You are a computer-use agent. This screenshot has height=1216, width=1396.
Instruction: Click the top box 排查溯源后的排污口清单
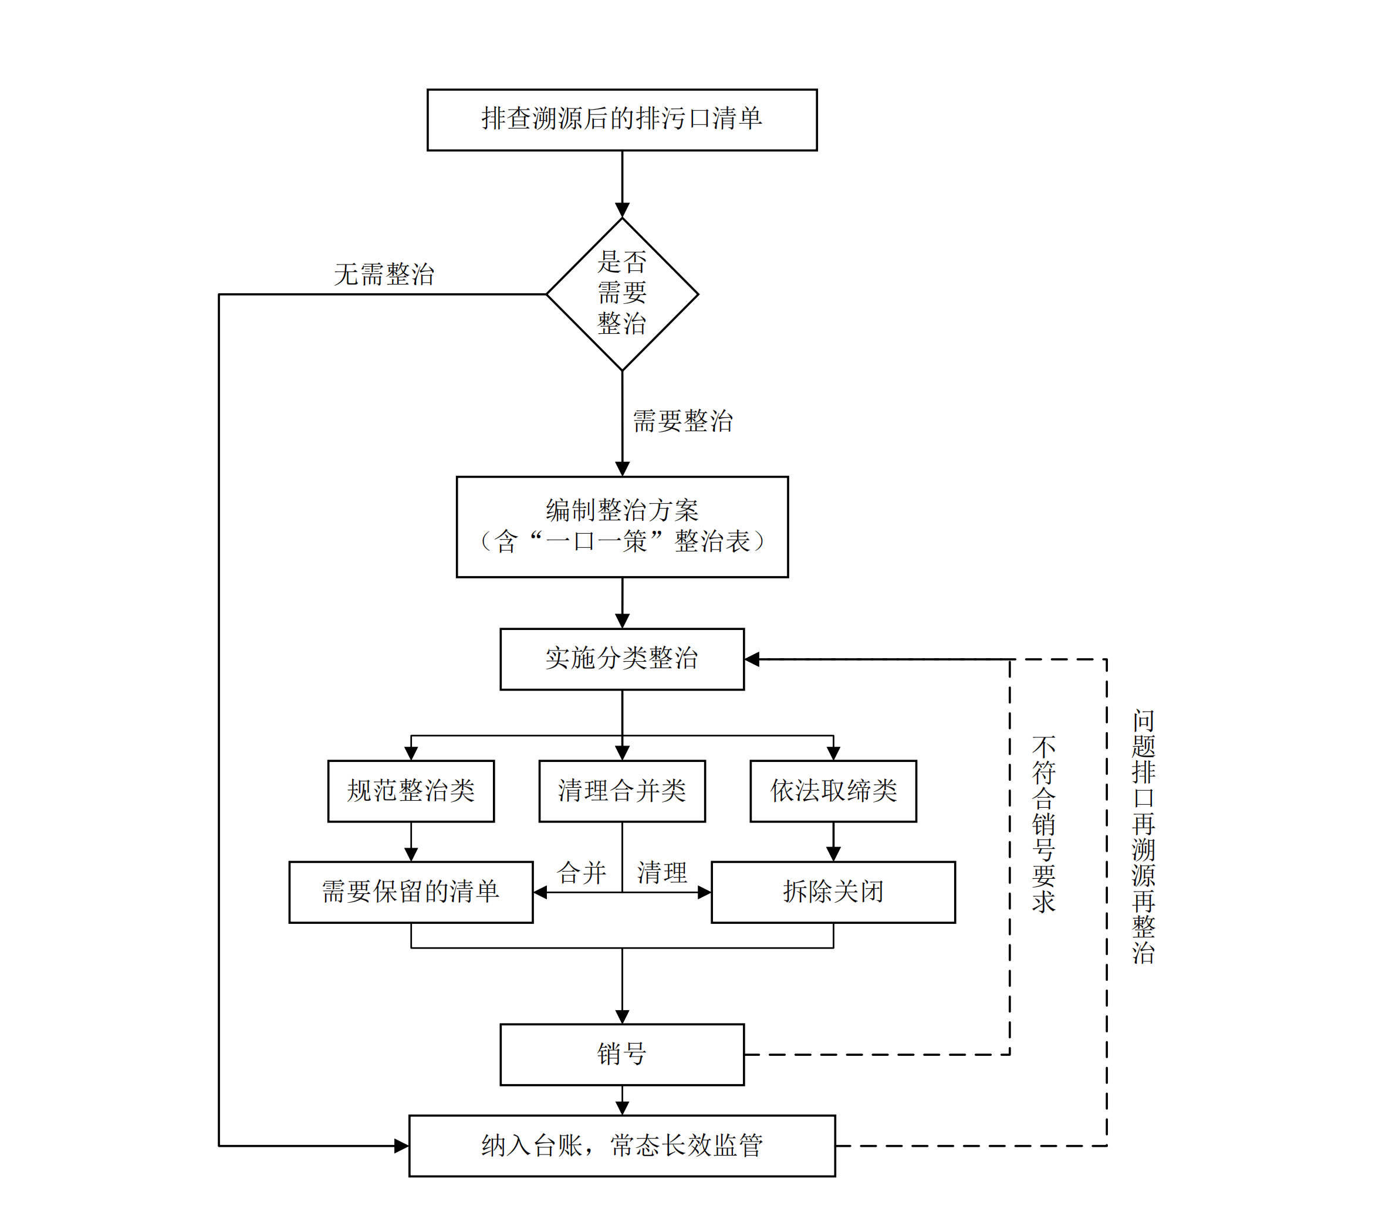tap(621, 120)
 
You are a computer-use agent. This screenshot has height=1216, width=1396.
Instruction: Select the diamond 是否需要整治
tap(621, 294)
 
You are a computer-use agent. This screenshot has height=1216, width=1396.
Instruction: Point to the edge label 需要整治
tap(682, 421)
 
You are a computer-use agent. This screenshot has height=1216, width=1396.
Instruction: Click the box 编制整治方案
tap(621, 527)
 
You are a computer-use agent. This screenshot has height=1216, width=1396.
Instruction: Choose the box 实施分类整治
tap(621, 659)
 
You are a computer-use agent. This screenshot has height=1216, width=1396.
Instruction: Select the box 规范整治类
tap(411, 791)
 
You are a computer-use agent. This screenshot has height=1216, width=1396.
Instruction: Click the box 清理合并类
tap(621, 791)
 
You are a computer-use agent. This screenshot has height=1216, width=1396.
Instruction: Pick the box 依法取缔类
tap(833, 791)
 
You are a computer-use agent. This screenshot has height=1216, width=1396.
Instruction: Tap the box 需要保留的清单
tap(411, 892)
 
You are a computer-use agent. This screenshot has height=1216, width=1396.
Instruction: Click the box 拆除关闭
tap(833, 892)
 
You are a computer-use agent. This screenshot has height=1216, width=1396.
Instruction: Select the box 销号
tap(621, 1055)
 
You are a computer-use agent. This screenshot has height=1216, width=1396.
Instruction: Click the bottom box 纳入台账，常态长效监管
tap(621, 1146)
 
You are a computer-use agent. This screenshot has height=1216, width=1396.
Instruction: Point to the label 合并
tap(582, 873)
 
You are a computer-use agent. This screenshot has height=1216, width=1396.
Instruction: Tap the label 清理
tap(662, 873)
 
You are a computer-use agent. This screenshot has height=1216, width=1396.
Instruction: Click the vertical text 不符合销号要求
tap(1044, 825)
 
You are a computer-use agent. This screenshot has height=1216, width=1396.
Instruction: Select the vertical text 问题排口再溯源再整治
tap(1144, 836)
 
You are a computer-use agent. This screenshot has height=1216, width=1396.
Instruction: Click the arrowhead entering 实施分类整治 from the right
tap(752, 659)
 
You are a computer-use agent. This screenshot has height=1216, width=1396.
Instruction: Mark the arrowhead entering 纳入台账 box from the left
tap(402, 1146)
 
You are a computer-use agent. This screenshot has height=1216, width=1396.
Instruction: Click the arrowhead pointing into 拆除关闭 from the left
tap(704, 892)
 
